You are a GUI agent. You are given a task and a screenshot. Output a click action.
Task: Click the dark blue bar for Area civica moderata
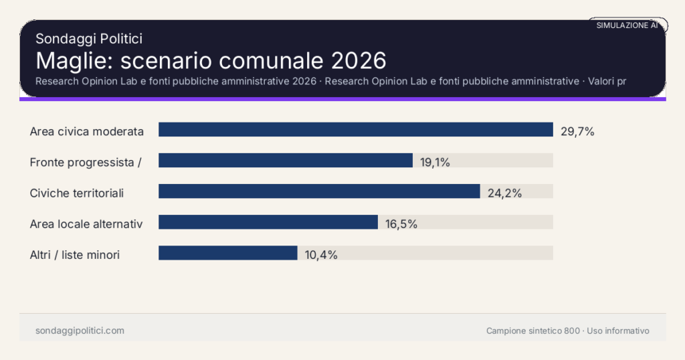click(x=355, y=130)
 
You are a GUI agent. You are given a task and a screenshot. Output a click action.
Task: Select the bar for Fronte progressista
click(x=285, y=161)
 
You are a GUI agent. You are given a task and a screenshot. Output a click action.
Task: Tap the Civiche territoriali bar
click(x=319, y=191)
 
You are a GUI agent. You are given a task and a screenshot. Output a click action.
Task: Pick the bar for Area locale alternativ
click(x=268, y=222)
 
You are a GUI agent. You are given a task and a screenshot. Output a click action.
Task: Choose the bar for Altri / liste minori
click(x=227, y=253)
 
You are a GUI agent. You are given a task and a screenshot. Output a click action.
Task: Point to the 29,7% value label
click(x=577, y=132)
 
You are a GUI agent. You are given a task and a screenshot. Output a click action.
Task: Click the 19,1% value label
click(x=435, y=162)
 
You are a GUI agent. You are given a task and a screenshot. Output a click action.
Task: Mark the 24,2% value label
click(x=504, y=193)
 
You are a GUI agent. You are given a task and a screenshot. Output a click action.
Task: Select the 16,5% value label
click(x=401, y=224)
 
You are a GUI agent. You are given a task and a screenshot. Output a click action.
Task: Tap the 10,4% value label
click(x=321, y=255)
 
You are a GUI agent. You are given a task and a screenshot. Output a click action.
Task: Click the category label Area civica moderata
click(x=87, y=132)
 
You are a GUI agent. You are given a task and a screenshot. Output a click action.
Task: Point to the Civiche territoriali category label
click(x=77, y=193)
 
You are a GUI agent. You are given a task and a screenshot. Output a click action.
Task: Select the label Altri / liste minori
click(x=75, y=255)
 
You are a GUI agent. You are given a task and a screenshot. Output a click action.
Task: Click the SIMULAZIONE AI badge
click(x=627, y=25)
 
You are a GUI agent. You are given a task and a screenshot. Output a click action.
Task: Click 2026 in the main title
click(x=359, y=60)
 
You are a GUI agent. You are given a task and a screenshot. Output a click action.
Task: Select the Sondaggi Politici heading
click(x=89, y=39)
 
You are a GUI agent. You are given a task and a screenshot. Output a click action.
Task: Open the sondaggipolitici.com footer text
click(x=80, y=331)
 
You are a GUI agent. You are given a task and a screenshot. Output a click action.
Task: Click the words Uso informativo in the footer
click(x=618, y=331)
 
